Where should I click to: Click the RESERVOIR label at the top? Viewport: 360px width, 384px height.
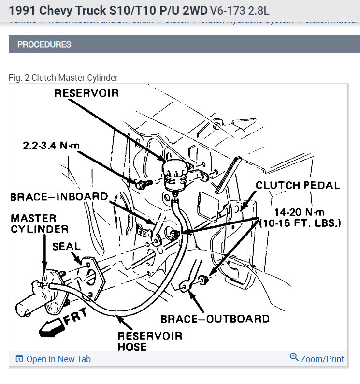(x=86, y=93)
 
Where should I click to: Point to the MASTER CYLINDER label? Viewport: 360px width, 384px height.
(x=34, y=223)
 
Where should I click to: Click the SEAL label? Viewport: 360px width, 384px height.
(x=66, y=246)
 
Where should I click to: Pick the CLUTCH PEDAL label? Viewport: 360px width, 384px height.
(x=298, y=185)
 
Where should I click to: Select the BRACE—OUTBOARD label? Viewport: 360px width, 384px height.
(x=215, y=319)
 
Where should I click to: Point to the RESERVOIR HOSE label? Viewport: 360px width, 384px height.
(x=150, y=341)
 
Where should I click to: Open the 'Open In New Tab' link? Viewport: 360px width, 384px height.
(x=58, y=359)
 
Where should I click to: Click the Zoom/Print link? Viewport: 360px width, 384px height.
(x=322, y=359)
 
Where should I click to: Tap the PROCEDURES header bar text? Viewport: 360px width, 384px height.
(x=44, y=44)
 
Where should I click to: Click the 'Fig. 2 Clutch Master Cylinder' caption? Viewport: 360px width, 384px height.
(x=63, y=77)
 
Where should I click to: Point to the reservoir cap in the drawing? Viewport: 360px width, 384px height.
(x=174, y=169)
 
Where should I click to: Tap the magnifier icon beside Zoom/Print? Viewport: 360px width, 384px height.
(x=294, y=357)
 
